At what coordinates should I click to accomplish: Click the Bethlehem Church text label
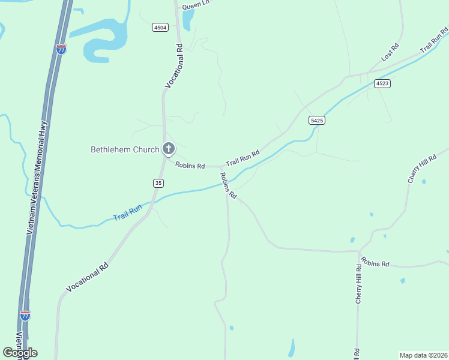(x=125, y=149)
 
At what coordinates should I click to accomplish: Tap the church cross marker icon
(x=169, y=149)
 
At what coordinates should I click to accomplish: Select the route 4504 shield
(x=160, y=27)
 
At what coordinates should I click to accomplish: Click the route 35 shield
(x=158, y=182)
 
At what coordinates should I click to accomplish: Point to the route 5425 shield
(x=317, y=121)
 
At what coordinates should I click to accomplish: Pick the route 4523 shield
(x=382, y=83)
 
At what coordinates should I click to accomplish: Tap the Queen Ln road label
(x=197, y=5)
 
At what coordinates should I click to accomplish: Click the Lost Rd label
(x=390, y=52)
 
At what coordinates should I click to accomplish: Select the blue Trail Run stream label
(x=127, y=212)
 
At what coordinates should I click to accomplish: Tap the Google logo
(x=20, y=353)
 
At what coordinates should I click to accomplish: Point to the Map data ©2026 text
(x=424, y=355)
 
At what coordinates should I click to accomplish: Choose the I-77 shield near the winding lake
(x=61, y=49)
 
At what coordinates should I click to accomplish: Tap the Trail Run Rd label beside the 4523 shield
(x=434, y=40)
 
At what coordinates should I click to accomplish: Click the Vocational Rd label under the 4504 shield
(x=173, y=67)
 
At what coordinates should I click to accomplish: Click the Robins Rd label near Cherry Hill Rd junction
(x=375, y=263)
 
